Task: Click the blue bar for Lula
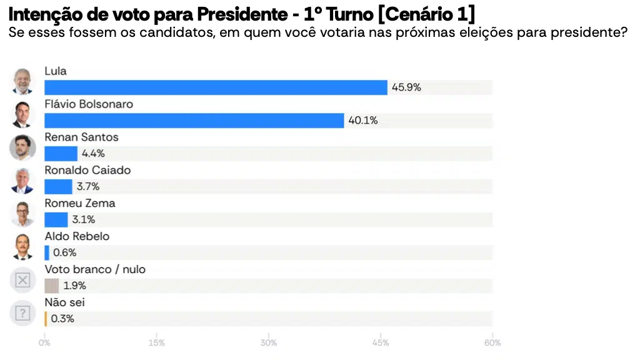216,87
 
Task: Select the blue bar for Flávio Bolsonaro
194,121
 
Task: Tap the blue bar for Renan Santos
61,154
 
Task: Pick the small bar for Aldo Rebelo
47,252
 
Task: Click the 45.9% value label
406,87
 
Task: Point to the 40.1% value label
363,121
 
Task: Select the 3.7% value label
88,186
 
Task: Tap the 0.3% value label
63,319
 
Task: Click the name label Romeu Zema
80,203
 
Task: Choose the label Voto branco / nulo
95,269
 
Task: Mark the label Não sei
65,302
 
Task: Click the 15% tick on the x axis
157,342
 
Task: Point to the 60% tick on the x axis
492,342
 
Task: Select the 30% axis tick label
269,342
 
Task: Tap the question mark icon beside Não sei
22,313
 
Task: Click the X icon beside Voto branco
22,280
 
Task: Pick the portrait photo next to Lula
22,82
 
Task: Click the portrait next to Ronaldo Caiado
22,181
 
